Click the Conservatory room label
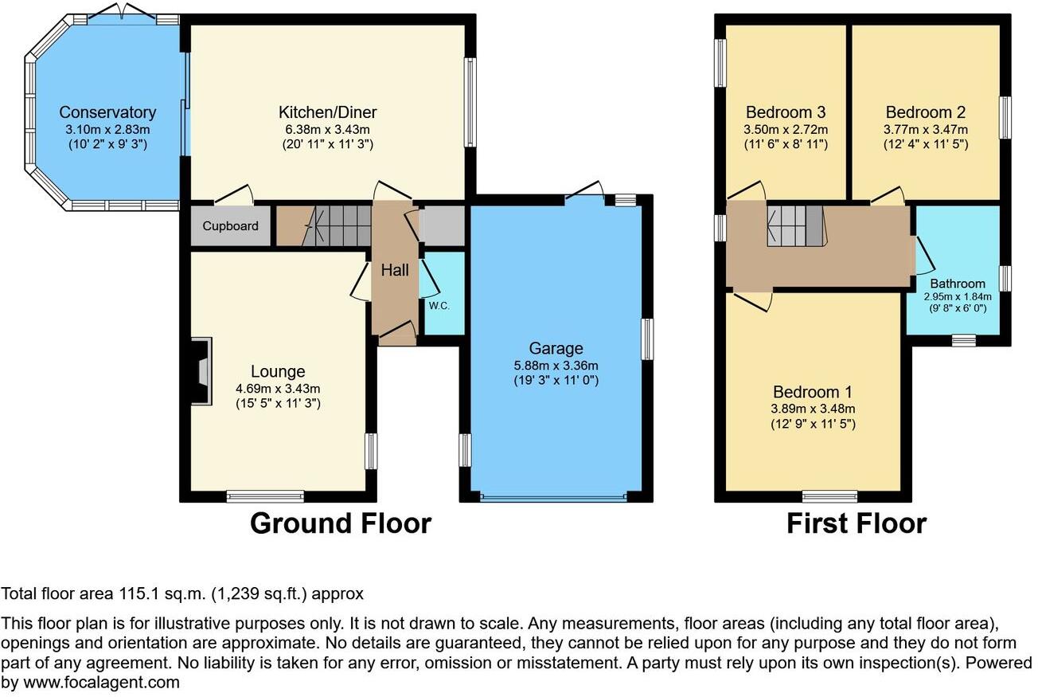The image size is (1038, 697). (107, 112)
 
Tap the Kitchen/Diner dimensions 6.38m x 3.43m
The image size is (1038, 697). (328, 129)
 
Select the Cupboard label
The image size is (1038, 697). (230, 226)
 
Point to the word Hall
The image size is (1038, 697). (395, 270)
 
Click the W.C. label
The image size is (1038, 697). (439, 306)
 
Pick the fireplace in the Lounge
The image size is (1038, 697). (201, 371)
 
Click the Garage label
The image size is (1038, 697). (556, 348)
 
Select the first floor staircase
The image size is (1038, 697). (797, 226)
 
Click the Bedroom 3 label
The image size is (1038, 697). (786, 112)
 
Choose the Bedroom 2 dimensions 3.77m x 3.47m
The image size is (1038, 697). (926, 129)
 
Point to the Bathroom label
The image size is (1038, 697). (958, 284)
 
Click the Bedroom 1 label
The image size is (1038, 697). (813, 393)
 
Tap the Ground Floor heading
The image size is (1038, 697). (341, 523)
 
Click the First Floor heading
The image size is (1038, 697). (857, 523)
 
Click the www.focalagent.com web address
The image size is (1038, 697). (101, 683)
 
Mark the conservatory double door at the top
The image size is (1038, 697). (122, 12)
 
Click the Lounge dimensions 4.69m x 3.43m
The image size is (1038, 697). (278, 389)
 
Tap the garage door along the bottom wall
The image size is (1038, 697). (554, 497)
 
